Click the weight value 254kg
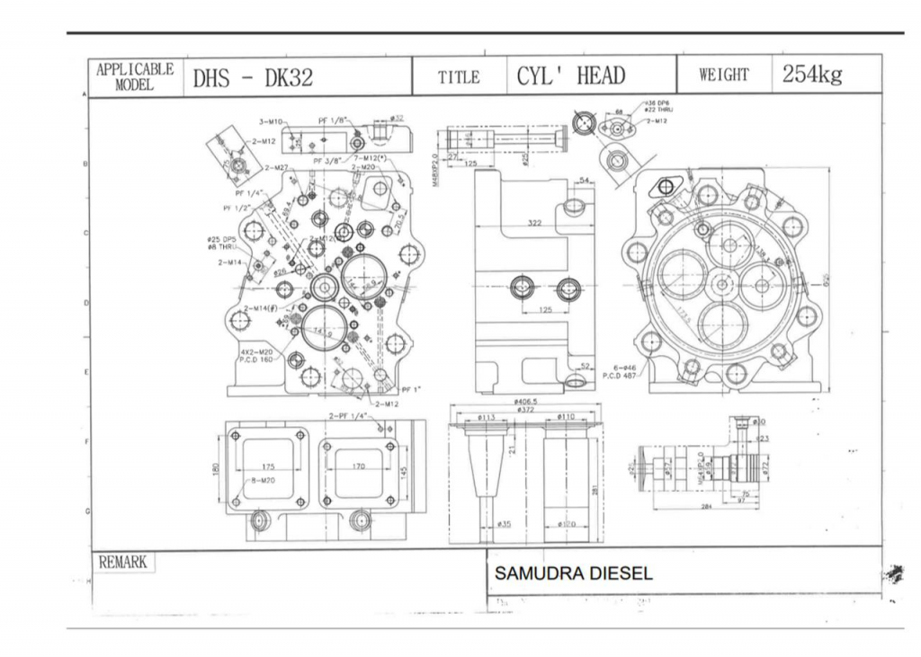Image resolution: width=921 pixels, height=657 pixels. pos(811,75)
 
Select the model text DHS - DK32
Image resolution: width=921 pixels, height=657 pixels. pos(253,77)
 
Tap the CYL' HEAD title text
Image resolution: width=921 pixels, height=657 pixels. pos(570,75)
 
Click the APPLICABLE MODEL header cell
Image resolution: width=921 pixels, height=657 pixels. pos(135,77)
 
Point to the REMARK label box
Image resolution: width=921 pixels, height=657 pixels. pos(121,562)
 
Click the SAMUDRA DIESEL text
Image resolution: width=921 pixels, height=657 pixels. pos(574,573)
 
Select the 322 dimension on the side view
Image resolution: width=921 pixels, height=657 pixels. pos(535,222)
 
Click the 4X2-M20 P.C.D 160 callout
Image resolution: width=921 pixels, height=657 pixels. pos(256,355)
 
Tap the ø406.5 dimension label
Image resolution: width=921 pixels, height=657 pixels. pos(526,402)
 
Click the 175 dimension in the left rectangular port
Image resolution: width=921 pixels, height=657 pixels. pos(268,466)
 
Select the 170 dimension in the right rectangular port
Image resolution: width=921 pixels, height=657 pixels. pos(358,466)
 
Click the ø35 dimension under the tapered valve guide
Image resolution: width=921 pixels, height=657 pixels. pos(504,523)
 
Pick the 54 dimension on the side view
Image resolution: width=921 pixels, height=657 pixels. pos(584,182)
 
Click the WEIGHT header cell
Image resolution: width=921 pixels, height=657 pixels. pos(723,75)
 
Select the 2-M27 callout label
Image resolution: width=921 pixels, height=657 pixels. pos(276,168)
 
